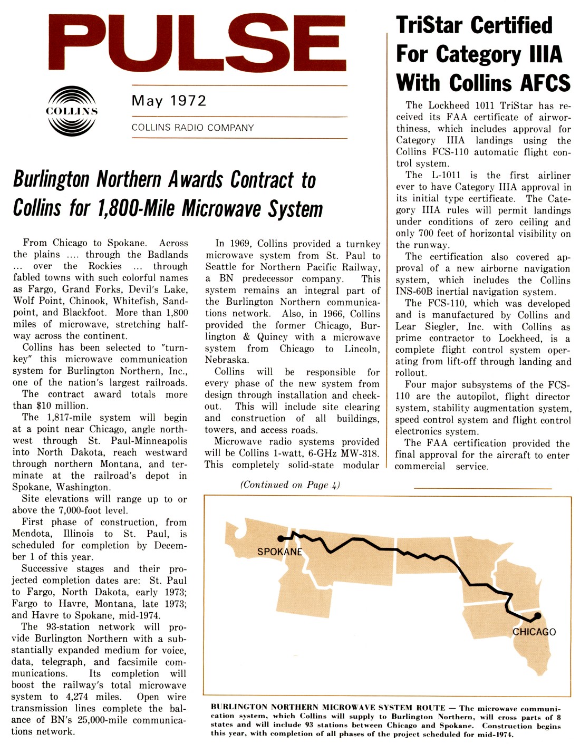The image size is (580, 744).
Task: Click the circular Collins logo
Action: point(72,111)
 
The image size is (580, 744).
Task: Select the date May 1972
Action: point(169,101)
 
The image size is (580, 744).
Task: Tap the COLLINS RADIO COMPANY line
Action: point(192,128)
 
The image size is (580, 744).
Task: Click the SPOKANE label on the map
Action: point(279,552)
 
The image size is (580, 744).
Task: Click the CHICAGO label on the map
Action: point(534,632)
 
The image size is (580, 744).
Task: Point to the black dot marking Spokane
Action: point(281,538)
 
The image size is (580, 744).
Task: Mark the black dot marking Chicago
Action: point(537,615)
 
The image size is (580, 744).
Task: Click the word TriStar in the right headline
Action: point(429,25)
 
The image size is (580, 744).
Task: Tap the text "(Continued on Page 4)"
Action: point(290,485)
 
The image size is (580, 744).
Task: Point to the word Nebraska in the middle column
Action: point(226,360)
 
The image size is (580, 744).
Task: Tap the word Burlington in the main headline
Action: point(51,179)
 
